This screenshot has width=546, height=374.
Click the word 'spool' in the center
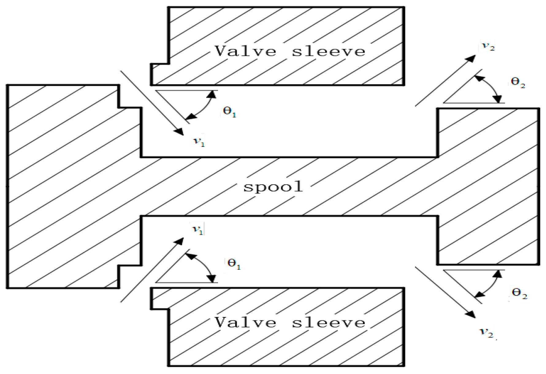click(273, 187)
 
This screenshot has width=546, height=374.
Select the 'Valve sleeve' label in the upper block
click(290, 51)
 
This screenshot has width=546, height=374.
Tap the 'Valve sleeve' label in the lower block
click(290, 322)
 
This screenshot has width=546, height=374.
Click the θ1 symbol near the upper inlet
click(230, 112)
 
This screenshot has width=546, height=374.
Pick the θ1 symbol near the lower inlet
click(234, 264)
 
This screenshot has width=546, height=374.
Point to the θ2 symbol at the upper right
click(518, 82)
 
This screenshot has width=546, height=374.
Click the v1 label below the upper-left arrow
click(199, 142)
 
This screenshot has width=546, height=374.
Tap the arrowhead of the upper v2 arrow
click(472, 59)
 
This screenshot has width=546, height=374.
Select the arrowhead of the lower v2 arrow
click(471, 314)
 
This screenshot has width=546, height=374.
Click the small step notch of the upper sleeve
click(160, 74)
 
